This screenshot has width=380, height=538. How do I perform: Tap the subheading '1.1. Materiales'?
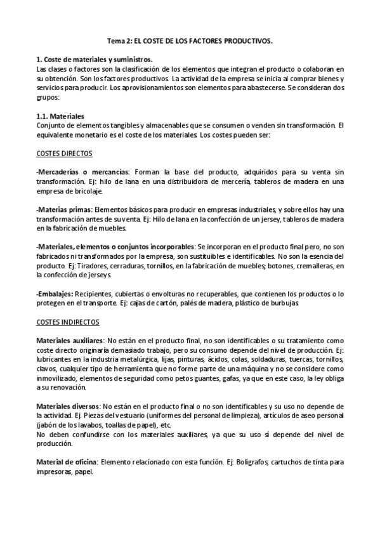60,116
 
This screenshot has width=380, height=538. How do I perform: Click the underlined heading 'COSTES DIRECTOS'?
64,154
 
